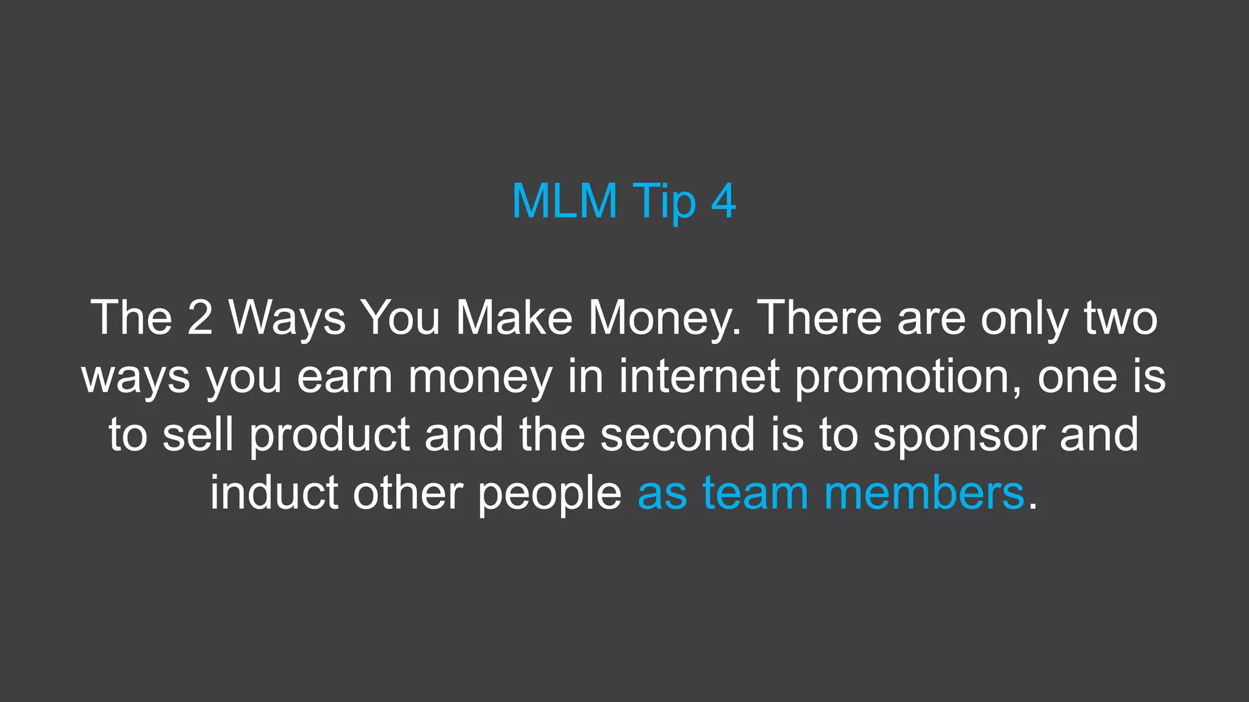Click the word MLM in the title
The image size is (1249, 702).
coord(564,200)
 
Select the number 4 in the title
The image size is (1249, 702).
coord(723,200)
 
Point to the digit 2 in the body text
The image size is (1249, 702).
coord(200,317)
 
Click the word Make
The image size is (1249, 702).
coord(514,317)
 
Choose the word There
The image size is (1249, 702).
coord(819,317)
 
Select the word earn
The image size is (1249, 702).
coord(345,376)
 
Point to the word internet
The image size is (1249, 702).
coord(700,376)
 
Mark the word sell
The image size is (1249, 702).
coord(198,434)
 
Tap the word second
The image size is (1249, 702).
coord(678,434)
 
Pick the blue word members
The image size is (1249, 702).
coord(924,492)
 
